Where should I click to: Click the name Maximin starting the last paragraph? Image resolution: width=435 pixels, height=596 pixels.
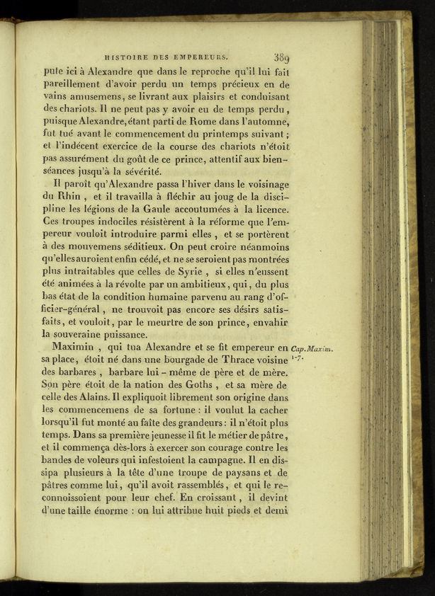point(78,348)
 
